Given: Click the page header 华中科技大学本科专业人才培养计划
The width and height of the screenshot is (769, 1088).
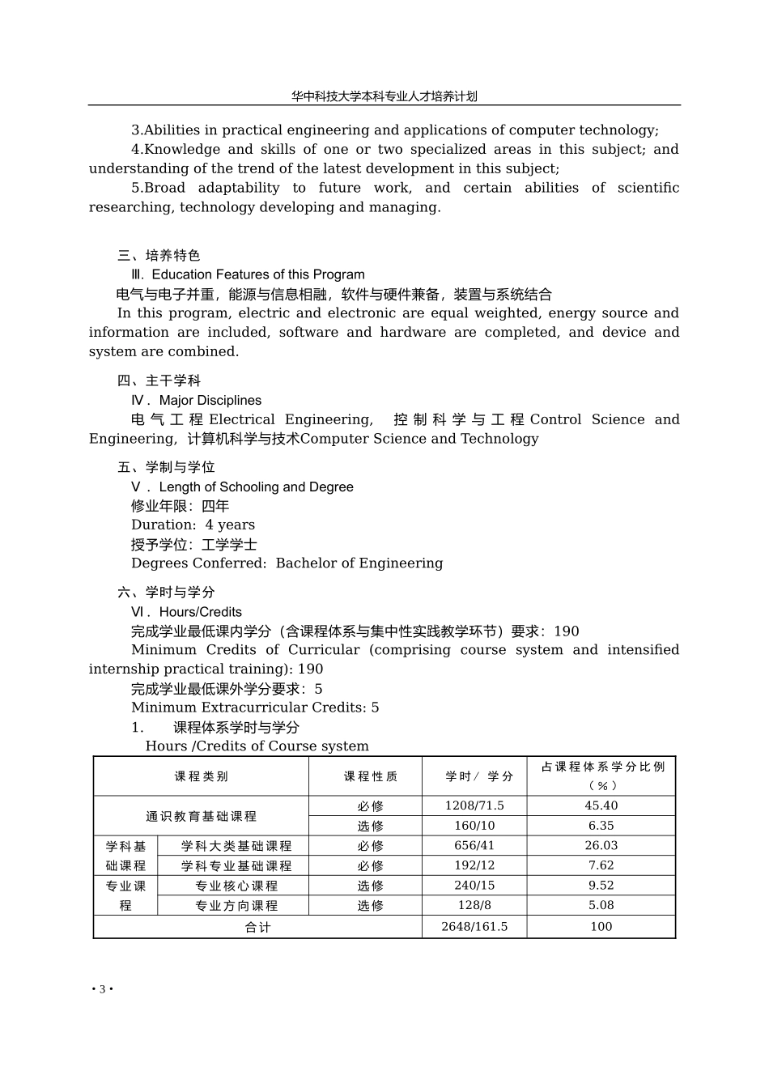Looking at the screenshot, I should coord(384,96).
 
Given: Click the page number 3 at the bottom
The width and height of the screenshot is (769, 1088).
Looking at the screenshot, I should coord(102,989).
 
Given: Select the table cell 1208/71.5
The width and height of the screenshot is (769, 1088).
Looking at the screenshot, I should coord(474,805).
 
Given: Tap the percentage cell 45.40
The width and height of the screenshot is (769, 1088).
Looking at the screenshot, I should coord(601,805).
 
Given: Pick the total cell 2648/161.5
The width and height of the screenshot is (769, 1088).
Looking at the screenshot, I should coord(474,926).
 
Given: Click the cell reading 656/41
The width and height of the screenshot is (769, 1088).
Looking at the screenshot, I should coord(474,845).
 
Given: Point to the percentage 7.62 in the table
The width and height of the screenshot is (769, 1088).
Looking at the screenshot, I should coord(601,865).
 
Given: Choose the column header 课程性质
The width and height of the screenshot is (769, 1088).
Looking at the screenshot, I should coord(371,776).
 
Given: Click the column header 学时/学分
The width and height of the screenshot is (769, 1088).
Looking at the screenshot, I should coord(479,776).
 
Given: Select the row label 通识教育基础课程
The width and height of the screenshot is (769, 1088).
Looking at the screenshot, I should coord(201,816).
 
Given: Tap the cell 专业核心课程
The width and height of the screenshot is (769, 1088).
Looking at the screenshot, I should coord(236,886).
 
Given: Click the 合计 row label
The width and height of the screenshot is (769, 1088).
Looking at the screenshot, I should coord(257,927).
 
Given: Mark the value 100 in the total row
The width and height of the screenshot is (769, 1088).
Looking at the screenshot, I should coord(601,926).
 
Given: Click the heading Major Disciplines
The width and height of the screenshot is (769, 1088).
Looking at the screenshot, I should coord(210,400).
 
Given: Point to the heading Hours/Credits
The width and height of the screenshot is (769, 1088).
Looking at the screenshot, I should coord(200,612).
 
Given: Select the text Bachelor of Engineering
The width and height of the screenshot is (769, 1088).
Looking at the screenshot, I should coord(359,563).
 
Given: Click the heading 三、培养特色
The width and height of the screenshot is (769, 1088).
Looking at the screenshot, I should coord(159,256).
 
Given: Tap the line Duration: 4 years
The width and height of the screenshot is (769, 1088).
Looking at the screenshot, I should coord(193,525).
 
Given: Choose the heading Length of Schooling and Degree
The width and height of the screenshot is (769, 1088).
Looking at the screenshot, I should coord(256,487).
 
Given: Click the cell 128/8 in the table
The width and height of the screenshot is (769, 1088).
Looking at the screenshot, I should coord(474,905).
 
